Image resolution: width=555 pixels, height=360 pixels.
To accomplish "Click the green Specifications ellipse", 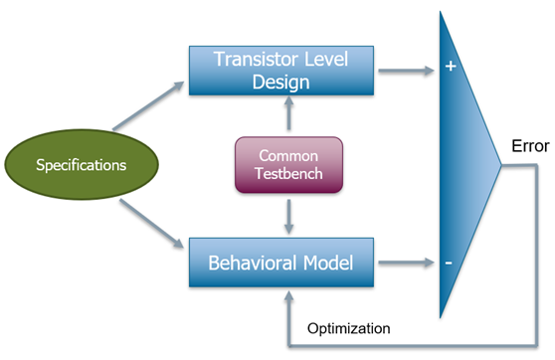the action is tap(82, 164).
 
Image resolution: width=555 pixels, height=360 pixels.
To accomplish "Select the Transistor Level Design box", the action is tap(281, 71).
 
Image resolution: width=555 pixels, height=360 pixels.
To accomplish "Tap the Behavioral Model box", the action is tap(281, 263).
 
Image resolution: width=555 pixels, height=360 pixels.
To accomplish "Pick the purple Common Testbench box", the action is tap(288, 165).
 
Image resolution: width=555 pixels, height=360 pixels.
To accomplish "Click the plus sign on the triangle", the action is tap(451, 66).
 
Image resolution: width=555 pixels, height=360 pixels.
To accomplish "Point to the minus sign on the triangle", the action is tap(449, 263).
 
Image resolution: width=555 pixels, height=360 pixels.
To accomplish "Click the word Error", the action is tap(530, 146).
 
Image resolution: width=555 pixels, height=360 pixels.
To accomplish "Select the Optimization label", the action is tap(349, 328).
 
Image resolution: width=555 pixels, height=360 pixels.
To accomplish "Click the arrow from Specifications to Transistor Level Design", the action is tap(148, 105).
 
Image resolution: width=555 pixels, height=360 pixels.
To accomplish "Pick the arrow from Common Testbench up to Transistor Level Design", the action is tap(288, 113).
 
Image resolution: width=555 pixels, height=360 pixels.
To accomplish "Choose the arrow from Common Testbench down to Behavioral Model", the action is tap(288, 217).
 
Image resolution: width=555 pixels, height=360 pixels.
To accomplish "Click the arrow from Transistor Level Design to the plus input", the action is tap(407, 71).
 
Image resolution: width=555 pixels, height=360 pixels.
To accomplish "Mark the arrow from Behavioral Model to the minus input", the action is tap(407, 263).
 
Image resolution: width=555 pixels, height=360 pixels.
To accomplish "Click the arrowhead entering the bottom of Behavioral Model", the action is tap(288, 296).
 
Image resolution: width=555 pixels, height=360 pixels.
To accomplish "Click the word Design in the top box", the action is tap(281, 83).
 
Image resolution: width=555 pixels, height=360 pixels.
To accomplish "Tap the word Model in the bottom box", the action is tap(328, 263).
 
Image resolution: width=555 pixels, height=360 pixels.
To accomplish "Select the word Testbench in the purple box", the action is tap(288, 173).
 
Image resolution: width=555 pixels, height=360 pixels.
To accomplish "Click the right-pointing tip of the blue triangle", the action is tap(501, 165).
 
